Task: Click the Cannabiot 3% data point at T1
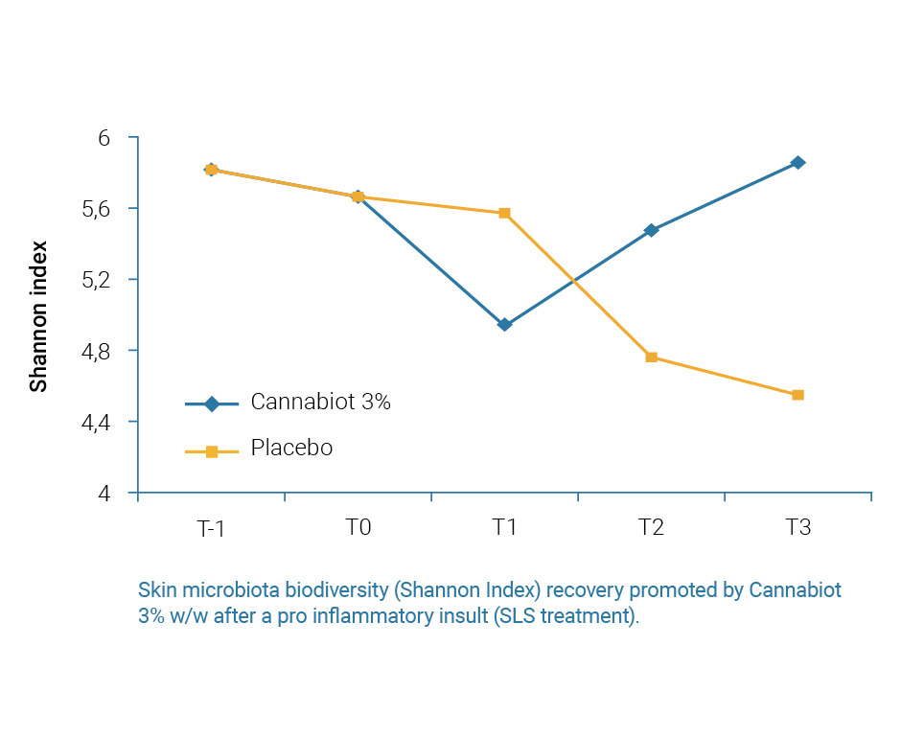coord(504,325)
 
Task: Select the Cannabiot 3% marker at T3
coord(797,163)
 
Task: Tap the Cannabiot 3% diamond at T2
coord(651,230)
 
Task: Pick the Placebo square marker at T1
coord(504,213)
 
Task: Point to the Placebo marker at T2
coord(651,357)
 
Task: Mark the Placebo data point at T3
coord(797,395)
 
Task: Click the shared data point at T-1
coord(211,170)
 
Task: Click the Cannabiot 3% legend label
coord(320,403)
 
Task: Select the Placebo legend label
coord(291,449)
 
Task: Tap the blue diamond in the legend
coord(211,404)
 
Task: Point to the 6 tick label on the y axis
coord(104,138)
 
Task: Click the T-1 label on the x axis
coord(211,528)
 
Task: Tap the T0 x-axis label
coord(358,528)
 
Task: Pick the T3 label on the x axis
coord(797,528)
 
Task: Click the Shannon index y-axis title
coord(38,316)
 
